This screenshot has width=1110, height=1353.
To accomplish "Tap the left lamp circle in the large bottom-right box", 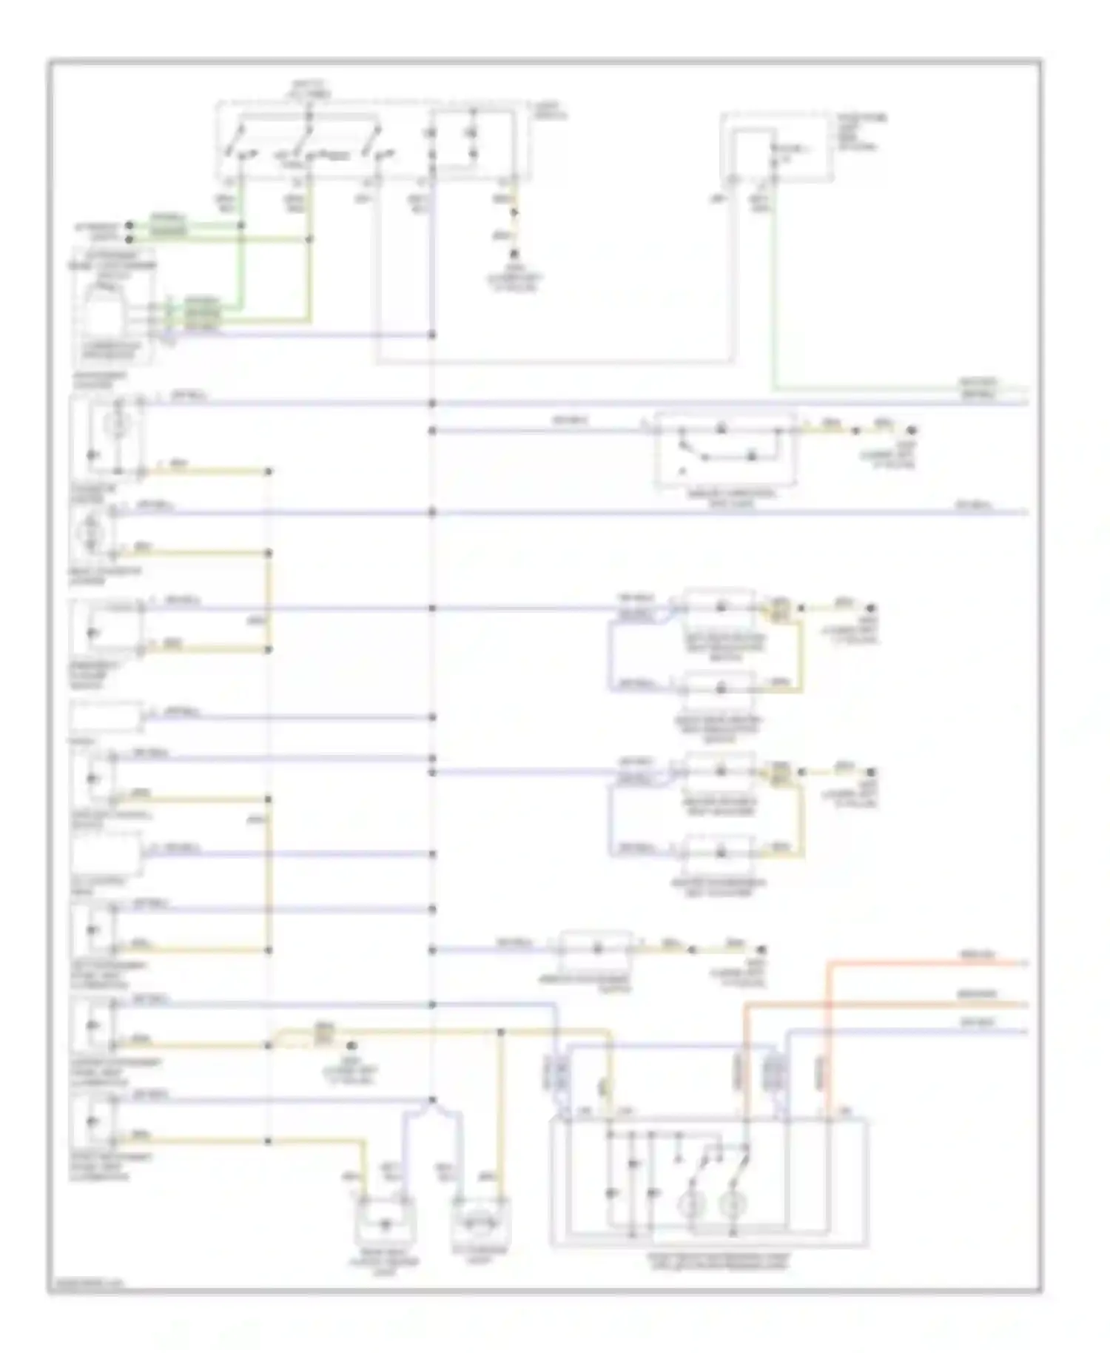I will pyautogui.click(x=690, y=1205).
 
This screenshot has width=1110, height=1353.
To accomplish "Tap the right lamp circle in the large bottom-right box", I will pyautogui.click(x=733, y=1205).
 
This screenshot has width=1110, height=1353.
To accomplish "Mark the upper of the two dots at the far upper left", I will pyautogui.click(x=129, y=224).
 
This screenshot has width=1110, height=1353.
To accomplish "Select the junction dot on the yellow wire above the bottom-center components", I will pyautogui.click(x=501, y=1030).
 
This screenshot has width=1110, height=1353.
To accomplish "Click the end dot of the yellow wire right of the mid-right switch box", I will pyautogui.click(x=912, y=430).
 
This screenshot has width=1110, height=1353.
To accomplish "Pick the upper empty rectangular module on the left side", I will pyautogui.click(x=105, y=717).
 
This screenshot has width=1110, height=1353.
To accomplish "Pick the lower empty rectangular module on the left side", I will pyautogui.click(x=105, y=854).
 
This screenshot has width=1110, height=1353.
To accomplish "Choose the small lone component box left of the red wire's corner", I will pyautogui.click(x=596, y=950).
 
